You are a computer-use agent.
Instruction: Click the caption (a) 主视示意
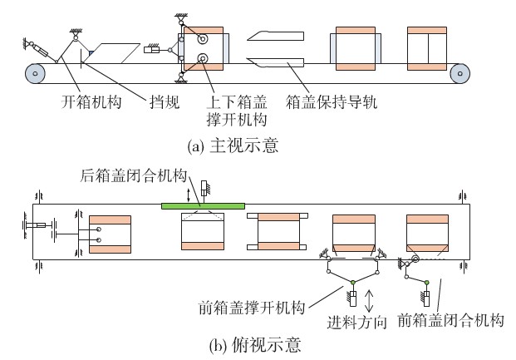(x=233, y=145)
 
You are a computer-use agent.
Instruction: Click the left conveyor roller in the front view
(x=35, y=73)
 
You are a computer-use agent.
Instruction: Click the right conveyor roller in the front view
(x=459, y=73)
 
